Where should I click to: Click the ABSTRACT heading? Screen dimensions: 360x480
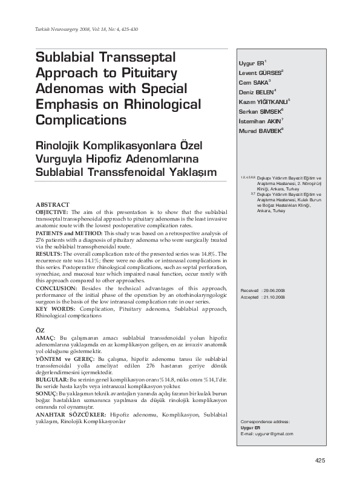click(x=53, y=205)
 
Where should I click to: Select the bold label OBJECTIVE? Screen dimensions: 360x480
click(x=53, y=213)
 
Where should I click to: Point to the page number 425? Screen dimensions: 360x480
click(x=320, y=461)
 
